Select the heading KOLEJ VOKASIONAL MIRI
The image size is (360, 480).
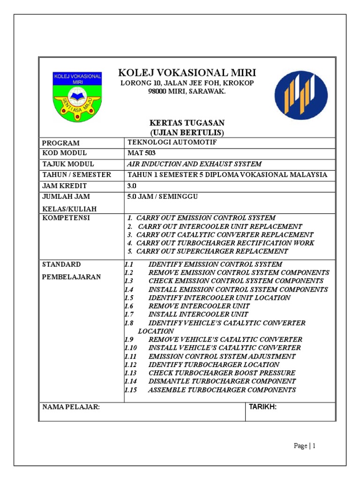point(187,73)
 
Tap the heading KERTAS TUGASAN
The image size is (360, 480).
point(187,123)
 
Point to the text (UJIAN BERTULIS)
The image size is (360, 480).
point(187,132)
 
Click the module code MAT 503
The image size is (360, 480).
point(142,153)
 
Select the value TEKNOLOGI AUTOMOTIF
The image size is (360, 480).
point(172,142)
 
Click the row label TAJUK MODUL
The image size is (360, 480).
point(68,164)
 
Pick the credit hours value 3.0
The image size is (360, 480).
point(133,186)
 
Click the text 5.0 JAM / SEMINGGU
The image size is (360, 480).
point(163,196)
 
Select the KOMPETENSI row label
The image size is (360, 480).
point(66,218)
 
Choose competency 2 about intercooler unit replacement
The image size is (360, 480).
point(215,226)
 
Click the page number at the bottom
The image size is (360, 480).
point(305,446)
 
